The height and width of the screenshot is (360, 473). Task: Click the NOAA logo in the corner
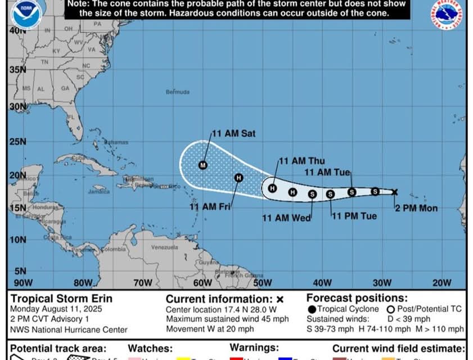click(26, 14)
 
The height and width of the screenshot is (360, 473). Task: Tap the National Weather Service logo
click(448, 14)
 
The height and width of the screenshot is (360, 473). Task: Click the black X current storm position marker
click(394, 192)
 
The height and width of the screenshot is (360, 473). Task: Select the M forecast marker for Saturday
click(203, 165)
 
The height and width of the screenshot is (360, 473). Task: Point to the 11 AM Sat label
click(233, 134)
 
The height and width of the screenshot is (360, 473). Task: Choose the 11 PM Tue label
click(354, 216)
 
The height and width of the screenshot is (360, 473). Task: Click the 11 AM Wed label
click(286, 218)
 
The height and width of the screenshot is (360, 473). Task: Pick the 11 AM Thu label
click(302, 161)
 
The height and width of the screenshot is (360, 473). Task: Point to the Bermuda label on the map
click(178, 92)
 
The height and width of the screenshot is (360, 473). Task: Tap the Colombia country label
click(113, 249)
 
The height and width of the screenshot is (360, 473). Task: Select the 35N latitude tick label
click(17, 70)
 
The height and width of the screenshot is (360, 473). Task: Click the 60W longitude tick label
click(202, 283)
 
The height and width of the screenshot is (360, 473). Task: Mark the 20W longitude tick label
click(442, 283)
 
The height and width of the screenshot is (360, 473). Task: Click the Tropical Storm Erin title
click(61, 299)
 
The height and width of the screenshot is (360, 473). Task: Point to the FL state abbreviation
click(71, 119)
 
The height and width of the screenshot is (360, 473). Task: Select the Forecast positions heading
click(357, 298)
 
